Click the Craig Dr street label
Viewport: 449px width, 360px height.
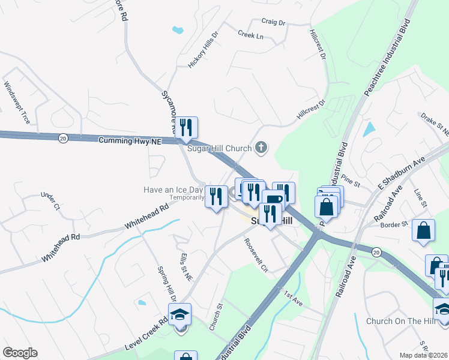point(273,22)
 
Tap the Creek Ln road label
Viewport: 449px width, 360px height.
point(250,35)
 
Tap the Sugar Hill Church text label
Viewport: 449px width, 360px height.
point(220,148)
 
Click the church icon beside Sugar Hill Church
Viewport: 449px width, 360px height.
point(261,147)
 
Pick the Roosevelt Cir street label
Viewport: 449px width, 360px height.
point(255,254)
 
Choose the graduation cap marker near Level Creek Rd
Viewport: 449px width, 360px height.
point(179,315)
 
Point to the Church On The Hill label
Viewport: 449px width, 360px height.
point(400,321)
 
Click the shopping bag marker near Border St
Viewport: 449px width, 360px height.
point(423,230)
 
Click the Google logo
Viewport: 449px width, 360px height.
point(20,353)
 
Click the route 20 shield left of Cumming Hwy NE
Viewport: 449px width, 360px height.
point(63,139)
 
